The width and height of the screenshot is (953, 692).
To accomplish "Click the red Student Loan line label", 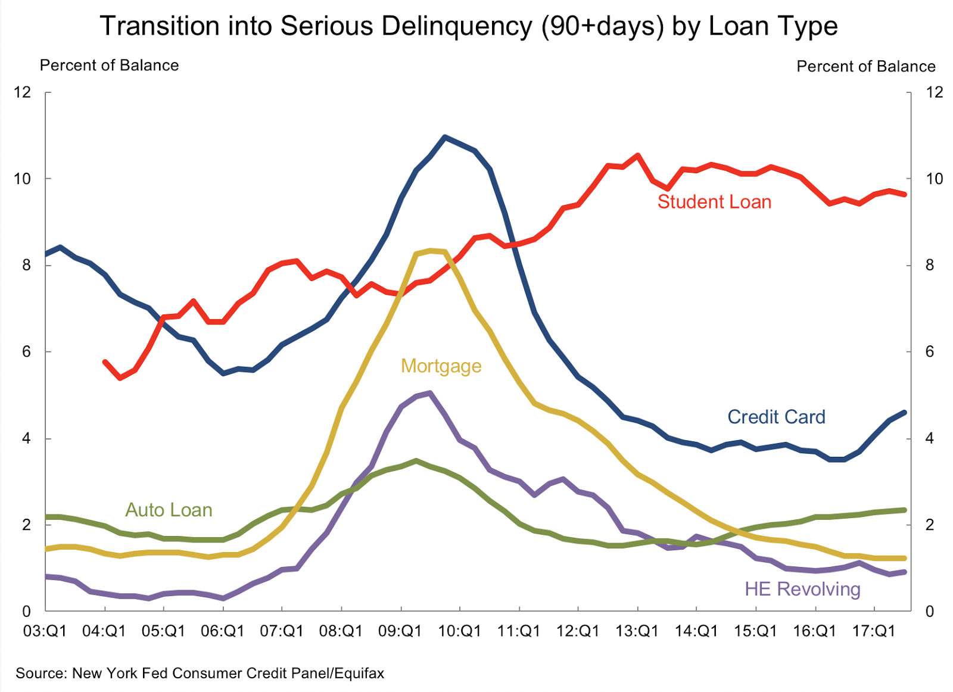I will [714, 202].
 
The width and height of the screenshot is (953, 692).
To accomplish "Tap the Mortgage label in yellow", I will [441, 366].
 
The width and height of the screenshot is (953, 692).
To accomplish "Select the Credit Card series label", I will [776, 417].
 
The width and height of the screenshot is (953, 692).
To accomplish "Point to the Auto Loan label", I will [169, 510].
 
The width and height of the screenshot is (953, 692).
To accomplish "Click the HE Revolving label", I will [802, 589].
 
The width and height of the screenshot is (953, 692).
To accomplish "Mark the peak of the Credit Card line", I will [445, 137].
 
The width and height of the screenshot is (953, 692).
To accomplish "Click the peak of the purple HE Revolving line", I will [429, 392].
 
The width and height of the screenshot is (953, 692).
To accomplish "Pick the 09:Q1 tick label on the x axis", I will [400, 631].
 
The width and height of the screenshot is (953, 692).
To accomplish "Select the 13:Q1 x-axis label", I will [637, 631].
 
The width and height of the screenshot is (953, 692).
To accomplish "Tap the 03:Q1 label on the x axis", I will [45, 631].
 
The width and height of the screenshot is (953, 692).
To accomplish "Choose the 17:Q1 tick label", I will [874, 631].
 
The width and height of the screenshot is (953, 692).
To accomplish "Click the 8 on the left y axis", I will [26, 265].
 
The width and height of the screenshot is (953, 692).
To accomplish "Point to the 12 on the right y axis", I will [935, 92].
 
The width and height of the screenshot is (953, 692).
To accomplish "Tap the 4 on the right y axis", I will [930, 438].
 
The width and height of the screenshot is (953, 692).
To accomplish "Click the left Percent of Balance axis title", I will [109, 66].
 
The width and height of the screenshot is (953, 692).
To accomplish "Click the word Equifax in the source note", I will [359, 674].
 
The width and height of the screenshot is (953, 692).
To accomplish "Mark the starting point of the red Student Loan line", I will [105, 361].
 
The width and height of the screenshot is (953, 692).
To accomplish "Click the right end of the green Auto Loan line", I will [905, 510].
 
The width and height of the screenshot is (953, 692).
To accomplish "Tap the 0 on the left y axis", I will [26, 611].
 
